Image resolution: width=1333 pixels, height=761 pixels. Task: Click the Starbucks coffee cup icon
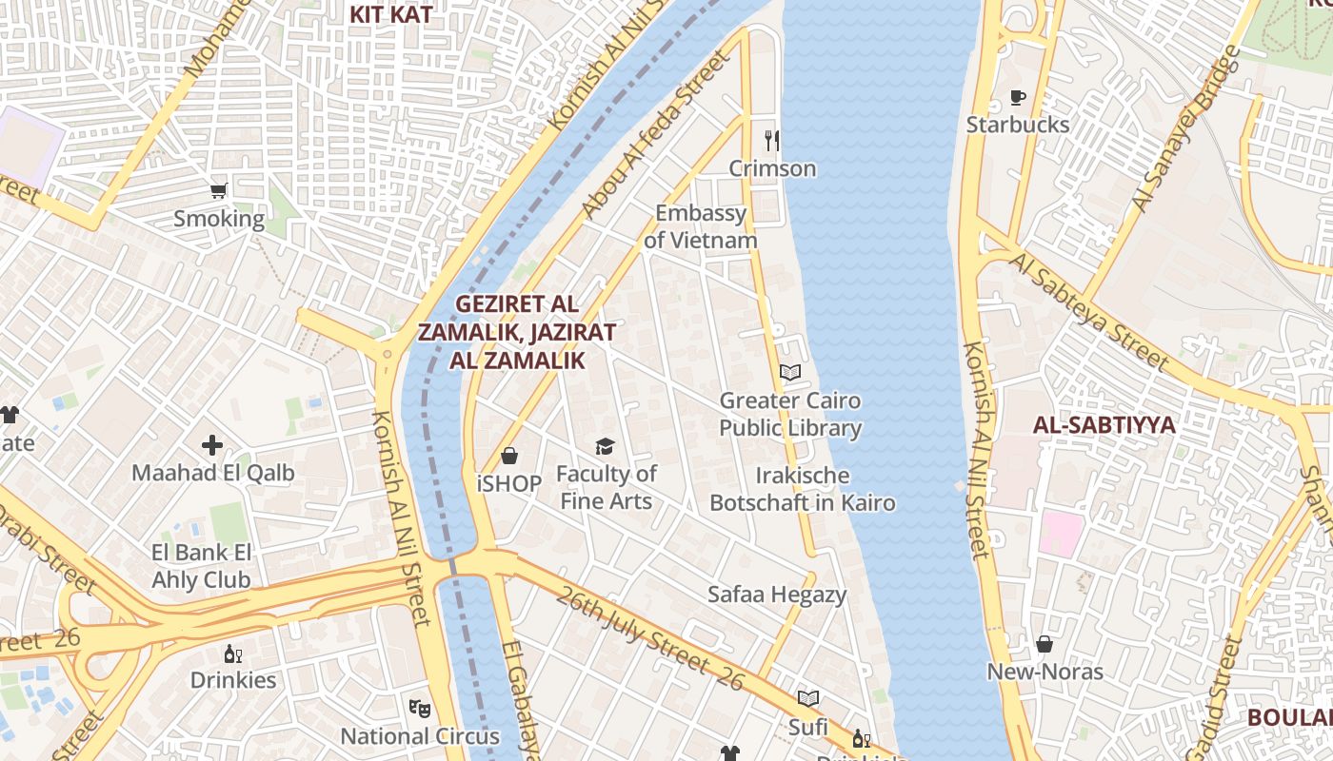coord(1017,97)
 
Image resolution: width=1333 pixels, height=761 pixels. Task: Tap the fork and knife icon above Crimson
coord(771,141)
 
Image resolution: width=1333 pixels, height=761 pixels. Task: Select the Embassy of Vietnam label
coord(701,226)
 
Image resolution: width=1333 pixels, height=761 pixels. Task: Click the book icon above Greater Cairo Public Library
coord(790,372)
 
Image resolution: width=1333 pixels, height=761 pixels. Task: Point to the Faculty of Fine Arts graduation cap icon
coord(605,446)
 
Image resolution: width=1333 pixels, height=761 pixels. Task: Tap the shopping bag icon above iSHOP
coord(509,456)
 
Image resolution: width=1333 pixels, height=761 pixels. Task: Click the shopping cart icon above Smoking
coord(219,191)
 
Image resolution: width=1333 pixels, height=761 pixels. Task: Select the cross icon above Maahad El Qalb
coord(212,444)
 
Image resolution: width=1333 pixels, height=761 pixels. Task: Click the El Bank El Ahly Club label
coord(201,566)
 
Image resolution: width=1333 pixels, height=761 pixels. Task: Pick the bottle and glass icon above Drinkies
coord(232,654)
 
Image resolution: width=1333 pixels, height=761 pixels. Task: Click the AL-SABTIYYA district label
coord(1104,425)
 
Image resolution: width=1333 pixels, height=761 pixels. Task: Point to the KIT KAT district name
coord(390,14)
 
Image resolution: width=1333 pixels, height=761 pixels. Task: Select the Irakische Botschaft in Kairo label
coord(803,489)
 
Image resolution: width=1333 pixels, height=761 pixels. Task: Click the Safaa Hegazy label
coord(777,595)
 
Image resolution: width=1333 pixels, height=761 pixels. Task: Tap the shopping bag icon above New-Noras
coord(1045,644)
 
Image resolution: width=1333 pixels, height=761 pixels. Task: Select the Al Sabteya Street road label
coord(1089,311)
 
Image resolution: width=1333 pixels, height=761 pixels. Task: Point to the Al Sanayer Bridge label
coord(1186,128)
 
